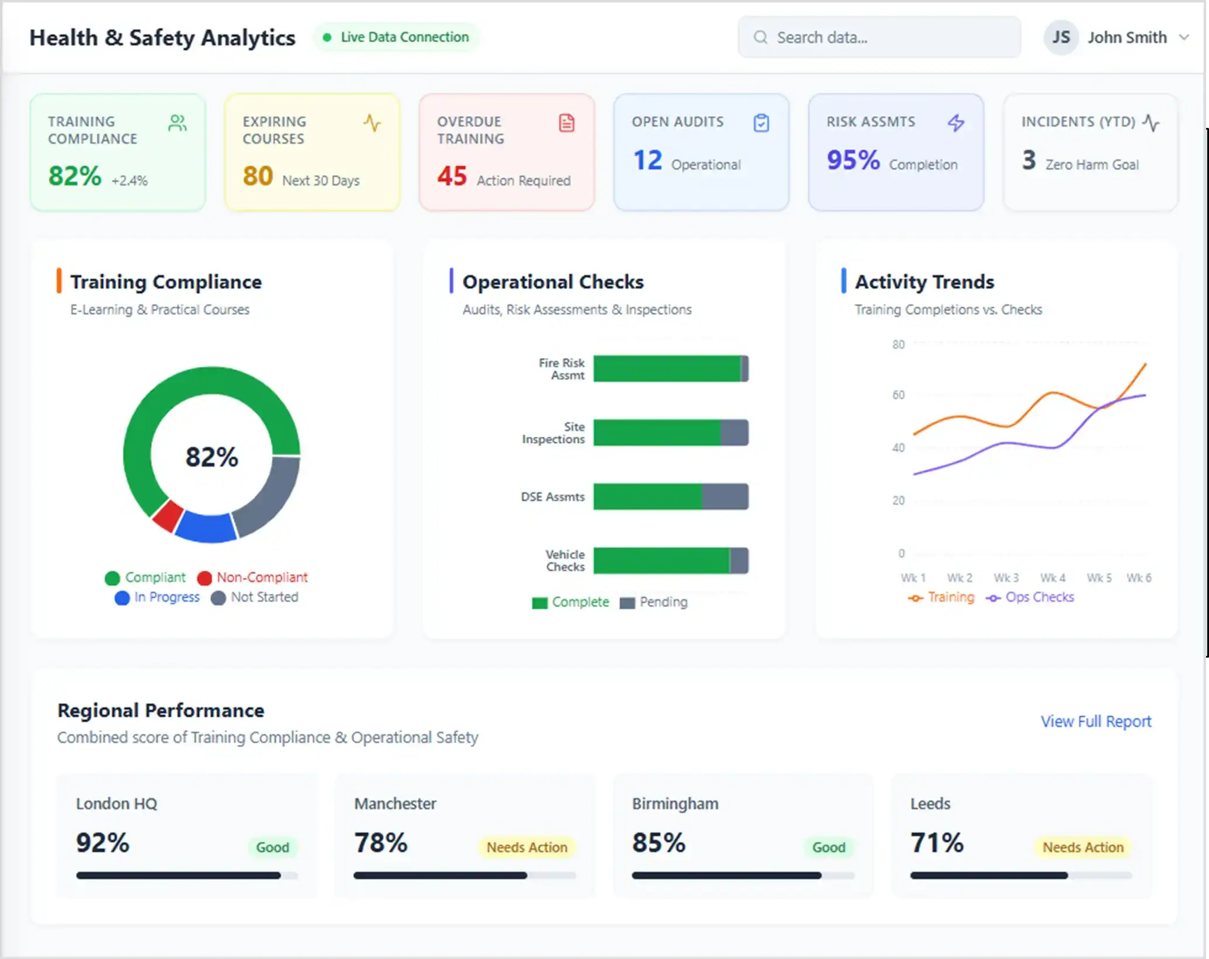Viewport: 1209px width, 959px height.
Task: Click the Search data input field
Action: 879,37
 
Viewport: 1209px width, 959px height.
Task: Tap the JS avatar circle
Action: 1061,37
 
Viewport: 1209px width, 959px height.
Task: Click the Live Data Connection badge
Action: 396,37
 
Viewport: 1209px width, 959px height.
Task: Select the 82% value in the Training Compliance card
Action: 75,176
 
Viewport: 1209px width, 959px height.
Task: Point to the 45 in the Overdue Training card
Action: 452,176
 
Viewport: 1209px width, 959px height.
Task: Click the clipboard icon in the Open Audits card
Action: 761,123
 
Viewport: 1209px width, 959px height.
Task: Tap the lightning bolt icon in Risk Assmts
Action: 956,123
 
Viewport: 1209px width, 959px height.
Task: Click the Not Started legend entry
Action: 255,597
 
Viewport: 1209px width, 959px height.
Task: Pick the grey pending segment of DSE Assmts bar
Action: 725,496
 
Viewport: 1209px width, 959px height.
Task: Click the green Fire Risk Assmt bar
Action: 666,369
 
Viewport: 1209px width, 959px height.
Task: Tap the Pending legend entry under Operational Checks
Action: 654,602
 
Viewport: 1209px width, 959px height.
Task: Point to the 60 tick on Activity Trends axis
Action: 898,395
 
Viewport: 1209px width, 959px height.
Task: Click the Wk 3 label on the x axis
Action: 1006,578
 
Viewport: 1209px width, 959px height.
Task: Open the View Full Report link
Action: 1096,721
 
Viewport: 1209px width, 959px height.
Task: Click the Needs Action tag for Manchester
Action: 527,847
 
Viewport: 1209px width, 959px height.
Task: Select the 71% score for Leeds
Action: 937,842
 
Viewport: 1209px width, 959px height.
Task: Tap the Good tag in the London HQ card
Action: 272,847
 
